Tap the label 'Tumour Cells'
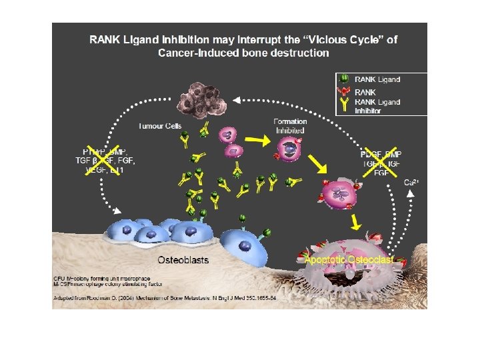pos(160,126)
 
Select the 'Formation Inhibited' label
pos(290,126)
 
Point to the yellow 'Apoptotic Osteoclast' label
pos(349,259)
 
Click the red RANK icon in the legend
pos(344,91)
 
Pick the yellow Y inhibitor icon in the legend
pos(344,105)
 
